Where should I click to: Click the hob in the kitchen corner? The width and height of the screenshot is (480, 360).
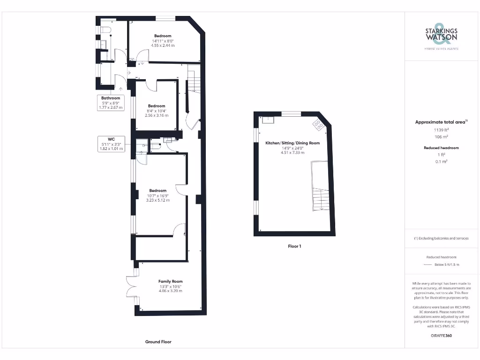click(318, 124)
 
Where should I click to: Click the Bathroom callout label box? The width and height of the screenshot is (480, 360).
click(111, 103)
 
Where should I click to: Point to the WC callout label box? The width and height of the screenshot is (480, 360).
click(111, 144)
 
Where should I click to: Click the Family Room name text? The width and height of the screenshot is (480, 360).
click(170, 281)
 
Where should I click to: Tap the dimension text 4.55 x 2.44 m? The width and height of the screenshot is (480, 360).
click(163, 45)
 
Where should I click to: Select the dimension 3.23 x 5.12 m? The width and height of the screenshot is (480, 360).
click(157, 200)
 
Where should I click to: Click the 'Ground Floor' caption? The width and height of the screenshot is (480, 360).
click(158, 342)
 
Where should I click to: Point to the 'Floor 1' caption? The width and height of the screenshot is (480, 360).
click(294, 246)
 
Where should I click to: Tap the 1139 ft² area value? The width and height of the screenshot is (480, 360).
click(441, 130)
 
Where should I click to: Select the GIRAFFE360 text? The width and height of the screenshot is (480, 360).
click(441, 336)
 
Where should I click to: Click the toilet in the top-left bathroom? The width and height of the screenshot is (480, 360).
click(105, 30)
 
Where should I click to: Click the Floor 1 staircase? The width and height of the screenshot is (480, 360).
click(321, 192)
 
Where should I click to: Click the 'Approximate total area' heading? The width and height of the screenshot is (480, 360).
click(441, 122)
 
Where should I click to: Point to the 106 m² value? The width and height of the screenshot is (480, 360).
click(441, 137)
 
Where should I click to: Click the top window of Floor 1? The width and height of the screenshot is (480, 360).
click(291, 113)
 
